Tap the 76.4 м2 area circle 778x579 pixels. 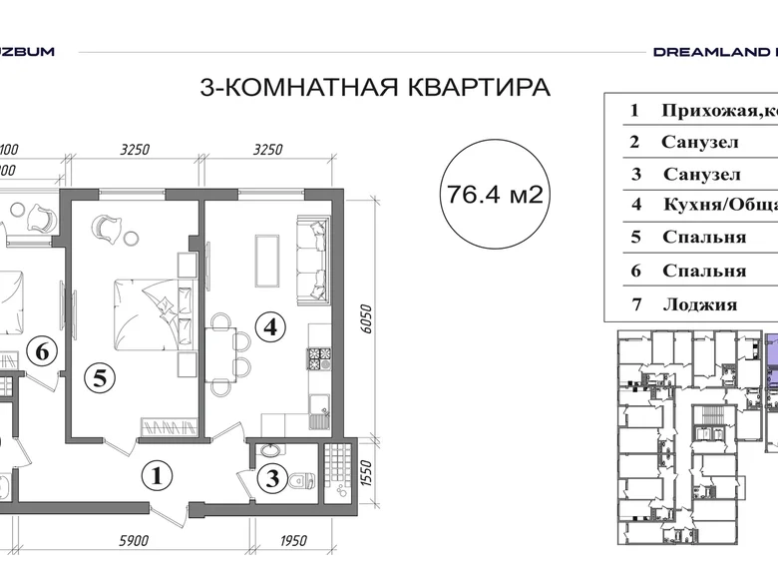(495, 194)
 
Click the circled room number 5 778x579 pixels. (96, 377)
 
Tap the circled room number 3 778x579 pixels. (268, 479)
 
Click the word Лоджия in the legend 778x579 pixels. (698, 304)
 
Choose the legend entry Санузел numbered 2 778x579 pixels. (698, 142)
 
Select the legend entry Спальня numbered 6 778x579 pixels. (702, 271)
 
